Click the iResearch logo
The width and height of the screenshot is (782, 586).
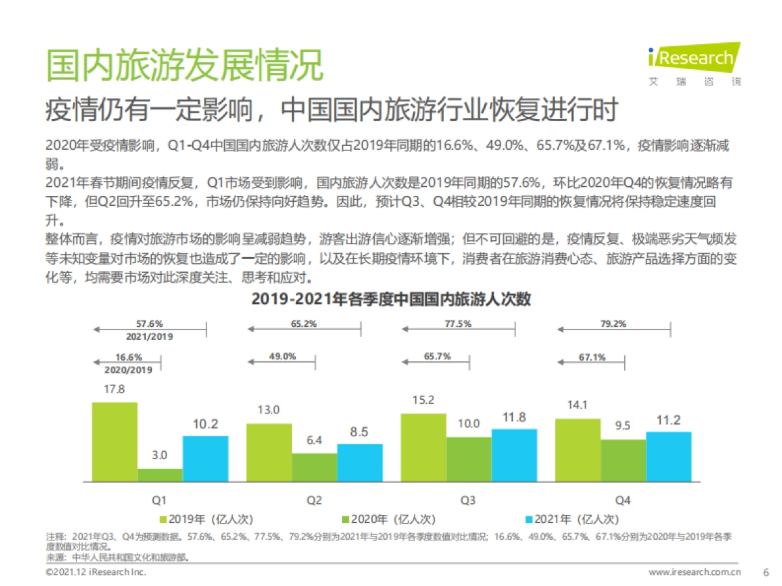[695, 63]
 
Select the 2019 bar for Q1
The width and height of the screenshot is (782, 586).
[115, 442]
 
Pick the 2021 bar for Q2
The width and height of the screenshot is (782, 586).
[360, 463]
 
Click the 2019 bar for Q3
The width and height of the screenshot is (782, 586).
[424, 447]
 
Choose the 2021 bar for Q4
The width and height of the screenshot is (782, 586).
[668, 456]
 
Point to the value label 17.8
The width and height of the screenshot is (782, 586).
[114, 389]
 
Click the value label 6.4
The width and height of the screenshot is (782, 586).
[314, 440]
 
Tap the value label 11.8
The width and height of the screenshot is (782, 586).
[514, 417]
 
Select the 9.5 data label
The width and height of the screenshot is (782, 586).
[623, 426]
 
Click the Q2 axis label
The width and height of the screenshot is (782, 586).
[313, 500]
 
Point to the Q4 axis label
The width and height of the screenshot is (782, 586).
[622, 500]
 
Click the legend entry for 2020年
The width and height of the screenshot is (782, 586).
[388, 519]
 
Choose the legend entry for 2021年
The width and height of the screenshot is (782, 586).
[571, 519]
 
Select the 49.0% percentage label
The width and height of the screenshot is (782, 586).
[282, 356]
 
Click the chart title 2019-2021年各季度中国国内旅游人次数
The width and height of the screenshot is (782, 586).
[391, 300]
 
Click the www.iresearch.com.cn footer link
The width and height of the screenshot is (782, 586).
[695, 572]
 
